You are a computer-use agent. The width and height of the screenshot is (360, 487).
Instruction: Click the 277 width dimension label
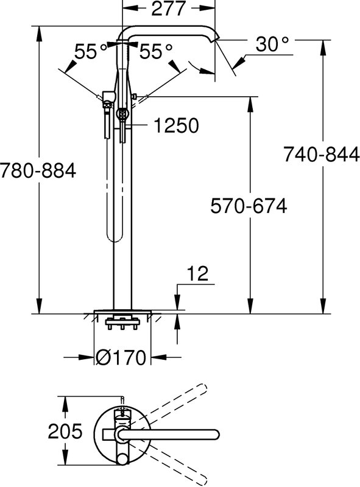[x=169, y=9]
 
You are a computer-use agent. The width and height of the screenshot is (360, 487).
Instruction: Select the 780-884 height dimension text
[x=38, y=170]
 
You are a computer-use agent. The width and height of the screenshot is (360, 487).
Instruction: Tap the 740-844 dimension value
[x=322, y=155]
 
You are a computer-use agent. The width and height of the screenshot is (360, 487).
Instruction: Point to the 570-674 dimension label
[x=249, y=206]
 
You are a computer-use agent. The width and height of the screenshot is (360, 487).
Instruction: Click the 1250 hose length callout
[x=176, y=125]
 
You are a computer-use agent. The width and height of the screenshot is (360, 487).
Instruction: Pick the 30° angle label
[x=272, y=44]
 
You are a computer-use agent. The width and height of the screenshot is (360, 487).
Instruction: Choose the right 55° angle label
[x=155, y=51]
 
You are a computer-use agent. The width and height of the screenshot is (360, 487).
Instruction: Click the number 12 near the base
[x=199, y=273]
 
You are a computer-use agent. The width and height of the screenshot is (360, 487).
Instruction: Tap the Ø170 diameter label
[x=121, y=357]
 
